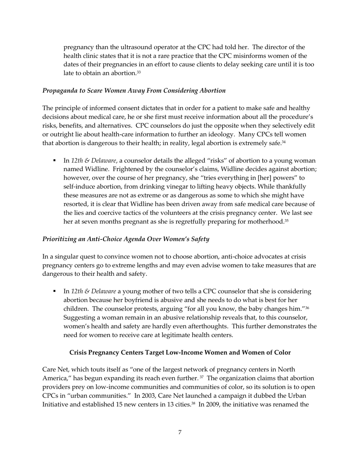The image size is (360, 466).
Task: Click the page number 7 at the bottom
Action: pyautogui.click(x=180, y=432)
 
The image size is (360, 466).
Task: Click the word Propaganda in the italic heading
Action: pyautogui.click(x=60, y=91)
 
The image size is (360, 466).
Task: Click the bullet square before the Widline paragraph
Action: pyautogui.click(x=55, y=161)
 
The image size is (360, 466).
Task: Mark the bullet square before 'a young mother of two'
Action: pyautogui.click(x=55, y=291)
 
